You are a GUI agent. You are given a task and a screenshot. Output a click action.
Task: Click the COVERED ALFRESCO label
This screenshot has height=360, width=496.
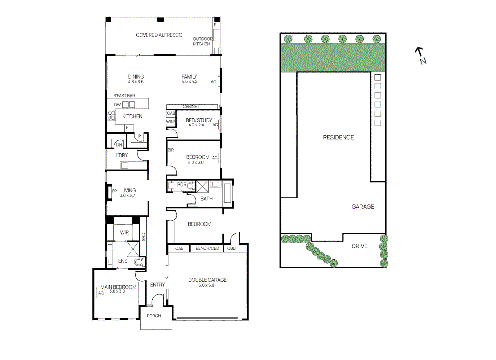tap(159, 35)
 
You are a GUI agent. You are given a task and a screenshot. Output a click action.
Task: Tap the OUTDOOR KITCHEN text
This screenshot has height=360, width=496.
tap(202, 41)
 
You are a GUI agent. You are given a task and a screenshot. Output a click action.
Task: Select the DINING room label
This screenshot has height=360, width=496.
tap(136, 77)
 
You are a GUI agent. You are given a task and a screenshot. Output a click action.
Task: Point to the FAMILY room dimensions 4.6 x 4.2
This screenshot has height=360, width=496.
tap(189, 82)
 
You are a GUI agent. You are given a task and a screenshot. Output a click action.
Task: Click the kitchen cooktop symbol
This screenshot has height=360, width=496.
tap(111, 116)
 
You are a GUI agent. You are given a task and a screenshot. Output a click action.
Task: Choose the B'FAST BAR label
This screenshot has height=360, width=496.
tap(124, 96)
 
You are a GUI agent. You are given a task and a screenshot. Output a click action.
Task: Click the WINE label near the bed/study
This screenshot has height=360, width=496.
tap(171, 122)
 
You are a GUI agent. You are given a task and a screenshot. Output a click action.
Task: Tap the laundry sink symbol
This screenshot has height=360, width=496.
tap(124, 165)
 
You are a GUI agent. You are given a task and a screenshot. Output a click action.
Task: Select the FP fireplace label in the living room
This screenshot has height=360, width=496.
tap(114, 191)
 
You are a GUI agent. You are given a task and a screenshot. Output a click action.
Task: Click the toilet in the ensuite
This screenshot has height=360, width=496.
tap(140, 262)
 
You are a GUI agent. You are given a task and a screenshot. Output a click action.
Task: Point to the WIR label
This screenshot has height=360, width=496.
tap(124, 233)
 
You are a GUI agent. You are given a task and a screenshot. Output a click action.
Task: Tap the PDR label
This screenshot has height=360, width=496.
tap(182, 184)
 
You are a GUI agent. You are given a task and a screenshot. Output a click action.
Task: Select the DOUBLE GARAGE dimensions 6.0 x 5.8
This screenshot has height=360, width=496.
tap(206, 285)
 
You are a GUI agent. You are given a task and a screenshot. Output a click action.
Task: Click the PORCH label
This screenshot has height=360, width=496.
tap(154, 316)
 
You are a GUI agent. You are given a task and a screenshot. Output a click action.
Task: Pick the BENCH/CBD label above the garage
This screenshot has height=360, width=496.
tap(207, 248)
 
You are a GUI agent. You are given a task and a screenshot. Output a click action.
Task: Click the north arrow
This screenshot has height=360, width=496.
tap(421, 55)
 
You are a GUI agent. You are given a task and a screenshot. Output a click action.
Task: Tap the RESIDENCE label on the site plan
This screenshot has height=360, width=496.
tap(338, 137)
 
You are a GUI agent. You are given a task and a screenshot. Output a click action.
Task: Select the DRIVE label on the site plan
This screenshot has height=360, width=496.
tap(359, 246)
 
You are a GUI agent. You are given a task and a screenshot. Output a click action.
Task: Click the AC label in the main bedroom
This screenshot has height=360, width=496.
tap(101, 293)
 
